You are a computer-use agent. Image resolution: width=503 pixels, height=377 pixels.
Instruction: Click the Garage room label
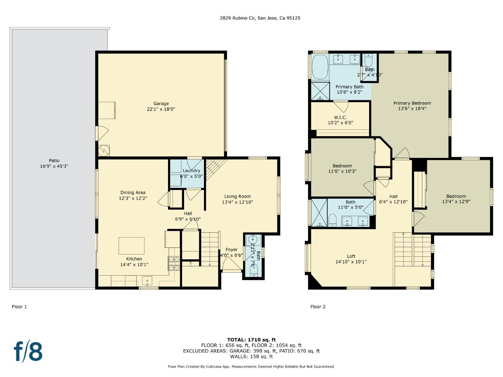coord(161,103)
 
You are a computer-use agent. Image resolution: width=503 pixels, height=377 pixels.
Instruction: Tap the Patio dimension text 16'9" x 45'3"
coord(54,166)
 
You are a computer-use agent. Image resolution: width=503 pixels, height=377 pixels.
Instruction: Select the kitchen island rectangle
coord(131,246)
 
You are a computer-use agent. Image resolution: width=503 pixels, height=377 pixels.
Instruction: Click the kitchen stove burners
coord(174,264)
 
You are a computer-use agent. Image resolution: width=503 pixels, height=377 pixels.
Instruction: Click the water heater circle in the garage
coord(104,150)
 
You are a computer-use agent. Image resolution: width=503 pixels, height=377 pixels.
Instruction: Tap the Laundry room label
coord(191,171)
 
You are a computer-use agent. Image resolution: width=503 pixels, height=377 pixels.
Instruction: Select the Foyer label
coord(231,250)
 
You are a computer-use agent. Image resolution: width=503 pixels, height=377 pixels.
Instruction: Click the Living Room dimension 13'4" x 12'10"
coord(237,202)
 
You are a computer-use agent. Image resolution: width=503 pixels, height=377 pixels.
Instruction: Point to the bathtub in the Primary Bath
coord(320,67)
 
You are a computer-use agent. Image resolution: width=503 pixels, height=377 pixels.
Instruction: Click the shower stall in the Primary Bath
coord(320,91)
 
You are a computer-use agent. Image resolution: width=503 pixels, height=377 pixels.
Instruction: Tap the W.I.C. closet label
coord(340,117)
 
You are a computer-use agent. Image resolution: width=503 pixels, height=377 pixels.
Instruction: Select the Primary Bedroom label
coord(412,103)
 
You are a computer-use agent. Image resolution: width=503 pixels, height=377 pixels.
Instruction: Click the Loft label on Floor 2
coord(351,256)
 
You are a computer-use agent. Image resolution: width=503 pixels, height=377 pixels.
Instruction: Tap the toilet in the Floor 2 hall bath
coord(333,220)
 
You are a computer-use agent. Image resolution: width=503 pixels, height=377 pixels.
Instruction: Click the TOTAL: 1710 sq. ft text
coord(251,340)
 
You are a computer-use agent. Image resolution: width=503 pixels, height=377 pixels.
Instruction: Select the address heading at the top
coord(260,18)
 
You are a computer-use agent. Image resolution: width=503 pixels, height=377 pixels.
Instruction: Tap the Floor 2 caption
coord(318,307)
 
